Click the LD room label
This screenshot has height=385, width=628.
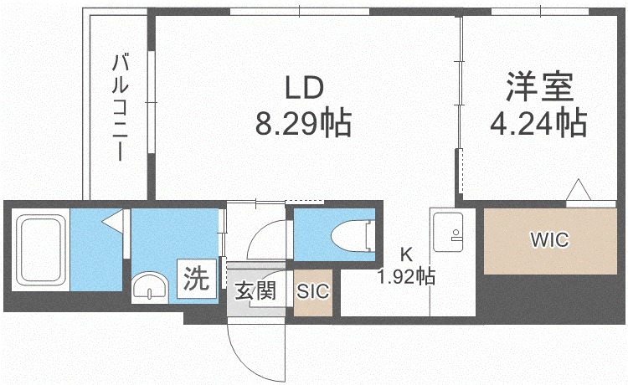click(304, 89)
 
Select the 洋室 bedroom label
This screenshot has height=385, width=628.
click(539, 86)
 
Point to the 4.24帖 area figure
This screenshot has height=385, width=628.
click(538, 122)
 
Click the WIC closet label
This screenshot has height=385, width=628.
click(549, 240)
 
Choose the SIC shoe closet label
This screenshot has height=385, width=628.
click(313, 291)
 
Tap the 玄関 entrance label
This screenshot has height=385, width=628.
click(255, 290)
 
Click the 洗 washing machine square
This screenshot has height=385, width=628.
click(197, 279)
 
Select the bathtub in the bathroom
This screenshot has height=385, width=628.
click(40, 249)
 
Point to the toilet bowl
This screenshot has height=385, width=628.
click(353, 236)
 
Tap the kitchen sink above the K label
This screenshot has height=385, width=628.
click(448, 232)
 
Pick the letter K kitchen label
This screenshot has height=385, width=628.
click(406, 254)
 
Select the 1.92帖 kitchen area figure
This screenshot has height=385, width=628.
click(406, 276)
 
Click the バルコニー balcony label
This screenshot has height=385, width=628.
click(120, 108)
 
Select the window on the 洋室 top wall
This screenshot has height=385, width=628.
click(540, 12)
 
